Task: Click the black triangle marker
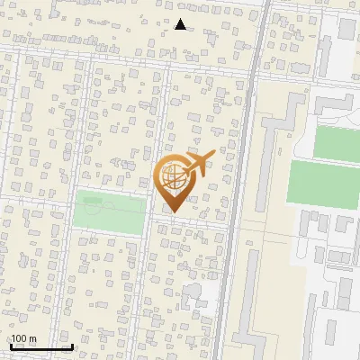pos(181,24)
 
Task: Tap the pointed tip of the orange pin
pos(174,212)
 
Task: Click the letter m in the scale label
pos(32,338)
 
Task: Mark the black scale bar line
pos(40,346)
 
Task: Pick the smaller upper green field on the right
pos(336,141)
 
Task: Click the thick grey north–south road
pos(238,225)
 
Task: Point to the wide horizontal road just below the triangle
pos(180,42)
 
